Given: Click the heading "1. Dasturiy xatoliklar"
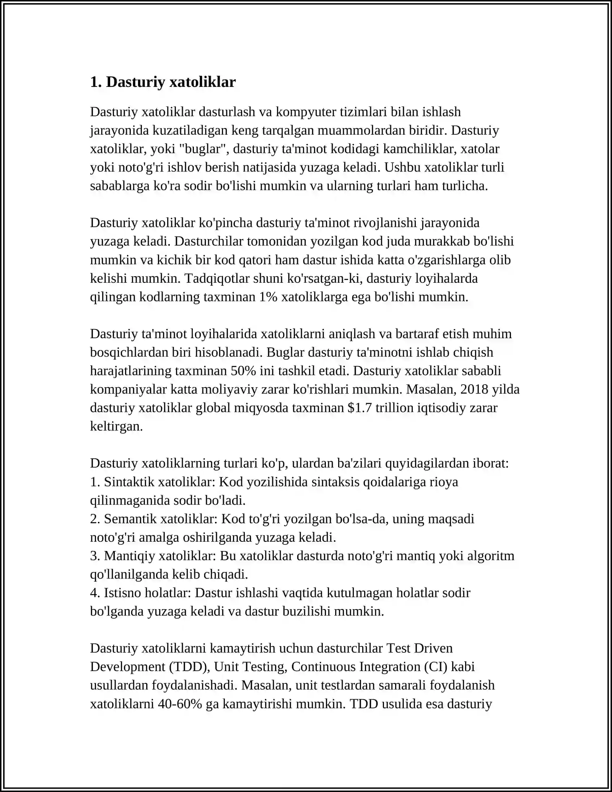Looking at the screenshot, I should point(163,82).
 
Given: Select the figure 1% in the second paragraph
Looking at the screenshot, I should point(268,297).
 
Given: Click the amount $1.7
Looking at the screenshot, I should point(360,408).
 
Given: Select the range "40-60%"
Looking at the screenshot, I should point(180,704).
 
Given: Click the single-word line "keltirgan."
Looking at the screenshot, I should point(116,426).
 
